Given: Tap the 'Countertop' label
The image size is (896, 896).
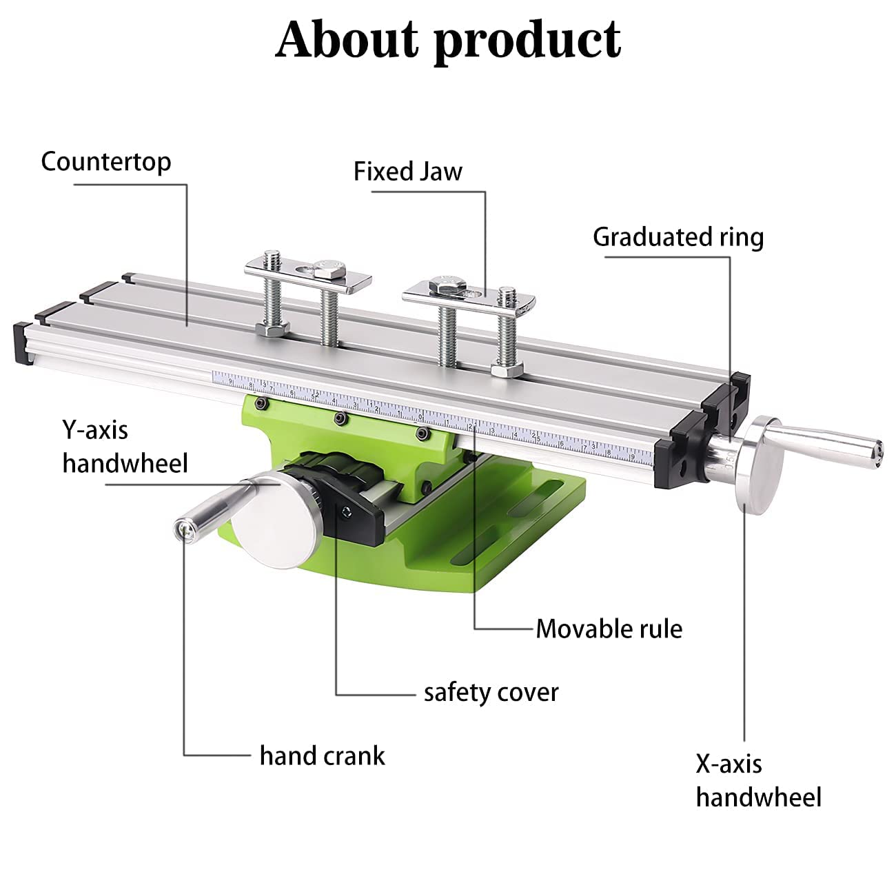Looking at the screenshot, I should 105,162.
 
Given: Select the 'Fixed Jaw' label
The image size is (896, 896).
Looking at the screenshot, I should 407,172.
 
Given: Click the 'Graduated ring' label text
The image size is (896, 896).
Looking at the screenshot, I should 678,237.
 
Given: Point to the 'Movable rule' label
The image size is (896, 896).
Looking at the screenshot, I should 609,629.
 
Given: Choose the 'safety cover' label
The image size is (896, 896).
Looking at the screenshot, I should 491,692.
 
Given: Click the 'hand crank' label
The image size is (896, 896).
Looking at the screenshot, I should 322,756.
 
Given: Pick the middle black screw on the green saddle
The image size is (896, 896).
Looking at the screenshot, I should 338,419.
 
